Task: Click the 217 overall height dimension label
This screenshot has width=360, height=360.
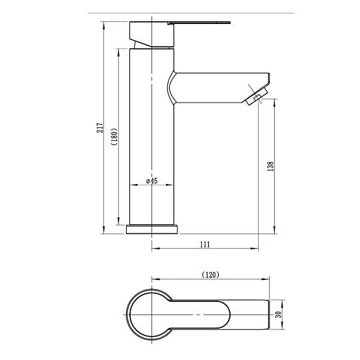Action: click(100, 127)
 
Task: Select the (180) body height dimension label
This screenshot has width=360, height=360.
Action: click(115, 137)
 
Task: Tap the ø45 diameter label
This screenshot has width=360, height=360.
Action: click(152, 181)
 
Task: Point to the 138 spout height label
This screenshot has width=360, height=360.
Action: click(271, 166)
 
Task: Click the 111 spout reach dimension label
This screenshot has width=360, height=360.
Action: click(205, 244)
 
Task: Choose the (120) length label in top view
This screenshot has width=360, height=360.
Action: click(210, 275)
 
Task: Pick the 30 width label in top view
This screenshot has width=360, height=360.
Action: click(278, 315)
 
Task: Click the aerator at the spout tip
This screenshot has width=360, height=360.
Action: click(257, 96)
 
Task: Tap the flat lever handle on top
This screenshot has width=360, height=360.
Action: click(199, 23)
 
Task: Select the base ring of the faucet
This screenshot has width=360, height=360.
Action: click(152, 229)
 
